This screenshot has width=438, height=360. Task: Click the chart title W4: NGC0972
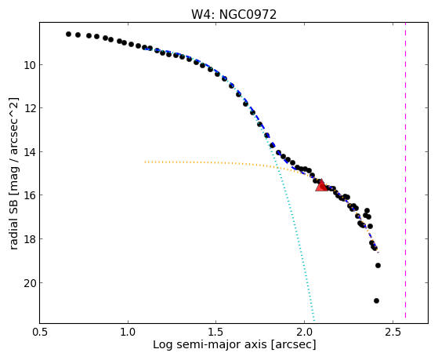click(x=233, y=15)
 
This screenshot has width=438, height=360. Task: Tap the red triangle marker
click(x=321, y=185)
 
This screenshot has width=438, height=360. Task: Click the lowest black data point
click(x=376, y=300)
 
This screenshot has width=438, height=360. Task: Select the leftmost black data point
click(x=68, y=35)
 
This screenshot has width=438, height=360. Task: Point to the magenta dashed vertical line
click(x=405, y=170)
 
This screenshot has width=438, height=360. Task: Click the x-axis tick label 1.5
click(x=216, y=333)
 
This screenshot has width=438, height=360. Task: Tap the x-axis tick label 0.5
click(x=40, y=333)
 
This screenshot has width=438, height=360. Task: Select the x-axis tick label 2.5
click(x=393, y=333)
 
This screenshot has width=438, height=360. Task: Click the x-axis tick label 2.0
click(x=305, y=333)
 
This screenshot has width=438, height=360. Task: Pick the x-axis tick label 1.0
click(x=128, y=333)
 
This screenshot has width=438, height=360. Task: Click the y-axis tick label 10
click(x=29, y=65)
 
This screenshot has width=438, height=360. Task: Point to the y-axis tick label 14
click(x=29, y=152)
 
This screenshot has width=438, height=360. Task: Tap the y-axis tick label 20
click(x=29, y=283)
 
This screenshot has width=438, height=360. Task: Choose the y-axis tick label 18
click(x=29, y=239)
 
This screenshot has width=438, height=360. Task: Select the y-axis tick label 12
click(x=29, y=108)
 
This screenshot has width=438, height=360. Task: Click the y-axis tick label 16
click(x=29, y=195)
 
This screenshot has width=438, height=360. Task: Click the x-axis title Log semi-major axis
click(x=210, y=345)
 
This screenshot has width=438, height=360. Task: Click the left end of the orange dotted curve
click(x=145, y=162)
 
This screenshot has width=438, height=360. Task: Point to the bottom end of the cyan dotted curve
click(x=314, y=320)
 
